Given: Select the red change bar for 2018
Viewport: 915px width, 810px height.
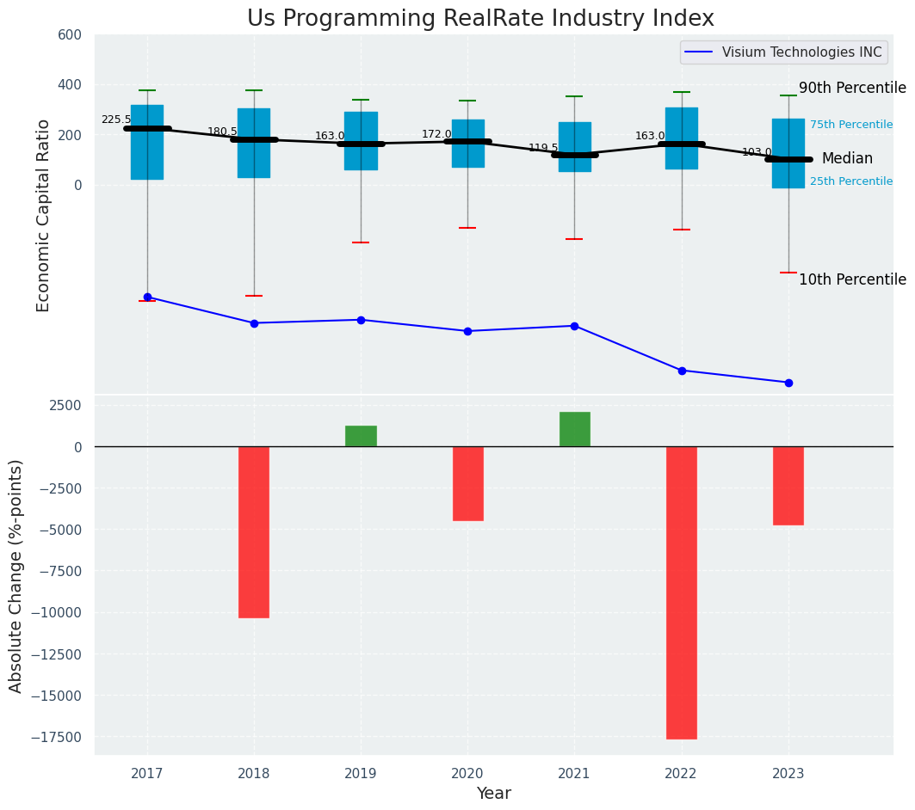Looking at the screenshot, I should pyautogui.click(x=254, y=531).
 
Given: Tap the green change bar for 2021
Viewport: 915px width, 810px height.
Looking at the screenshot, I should pyautogui.click(x=574, y=429).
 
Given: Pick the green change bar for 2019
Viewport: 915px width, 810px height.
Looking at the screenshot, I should pyautogui.click(x=361, y=436).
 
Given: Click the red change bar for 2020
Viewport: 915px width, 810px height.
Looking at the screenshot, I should pyautogui.click(x=467, y=483).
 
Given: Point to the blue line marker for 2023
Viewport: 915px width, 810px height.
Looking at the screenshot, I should pyautogui.click(x=788, y=383).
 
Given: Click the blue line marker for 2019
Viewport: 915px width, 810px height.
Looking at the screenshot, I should pyautogui.click(x=361, y=320).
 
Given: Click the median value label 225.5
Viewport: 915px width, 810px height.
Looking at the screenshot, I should pyautogui.click(x=116, y=120).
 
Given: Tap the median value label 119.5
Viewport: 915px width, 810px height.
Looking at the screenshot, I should pyautogui.click(x=543, y=149).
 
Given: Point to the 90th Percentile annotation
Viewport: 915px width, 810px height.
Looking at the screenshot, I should pyautogui.click(x=851, y=89).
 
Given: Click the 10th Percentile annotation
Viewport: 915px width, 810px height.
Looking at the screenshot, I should pyautogui.click(x=851, y=280).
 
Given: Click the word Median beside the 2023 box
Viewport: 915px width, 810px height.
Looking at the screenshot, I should pyautogui.click(x=847, y=159).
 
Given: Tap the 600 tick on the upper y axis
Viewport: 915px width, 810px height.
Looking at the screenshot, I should pyautogui.click(x=71, y=35).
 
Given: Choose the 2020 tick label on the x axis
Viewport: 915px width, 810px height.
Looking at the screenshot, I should pyautogui.click(x=467, y=773).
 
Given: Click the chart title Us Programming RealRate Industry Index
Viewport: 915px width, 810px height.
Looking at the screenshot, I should pyautogui.click(x=480, y=19).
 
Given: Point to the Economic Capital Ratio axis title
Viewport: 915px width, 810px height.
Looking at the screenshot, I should pyautogui.click(x=43, y=215).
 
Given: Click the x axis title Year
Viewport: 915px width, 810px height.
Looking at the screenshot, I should pyautogui.click(x=493, y=794).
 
